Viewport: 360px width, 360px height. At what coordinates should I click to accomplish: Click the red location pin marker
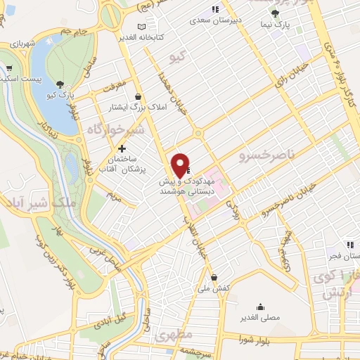(x=180, y=165)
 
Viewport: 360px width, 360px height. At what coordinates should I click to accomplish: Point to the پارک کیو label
(x=62, y=94)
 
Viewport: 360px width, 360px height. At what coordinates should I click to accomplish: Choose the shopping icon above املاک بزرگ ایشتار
(x=138, y=96)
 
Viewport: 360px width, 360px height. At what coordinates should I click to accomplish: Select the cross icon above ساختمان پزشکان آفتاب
(x=122, y=148)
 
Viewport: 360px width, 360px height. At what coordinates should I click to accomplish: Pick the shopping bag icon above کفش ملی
(x=214, y=276)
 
